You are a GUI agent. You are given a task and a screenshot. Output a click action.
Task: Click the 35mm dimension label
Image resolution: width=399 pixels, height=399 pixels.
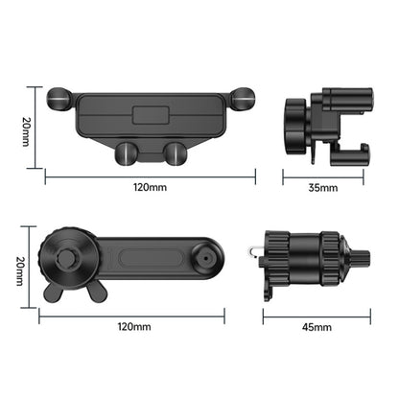click(x=323, y=188)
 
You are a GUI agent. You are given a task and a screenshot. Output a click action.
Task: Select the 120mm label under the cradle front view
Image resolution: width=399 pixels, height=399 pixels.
click(x=150, y=188)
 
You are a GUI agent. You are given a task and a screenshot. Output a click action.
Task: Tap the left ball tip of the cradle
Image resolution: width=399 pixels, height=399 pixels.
click(x=59, y=97)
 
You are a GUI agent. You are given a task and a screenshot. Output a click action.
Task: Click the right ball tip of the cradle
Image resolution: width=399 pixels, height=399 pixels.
click(x=243, y=97)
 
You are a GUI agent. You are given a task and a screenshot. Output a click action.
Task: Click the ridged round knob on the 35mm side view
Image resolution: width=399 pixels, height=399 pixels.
click(x=293, y=126)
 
